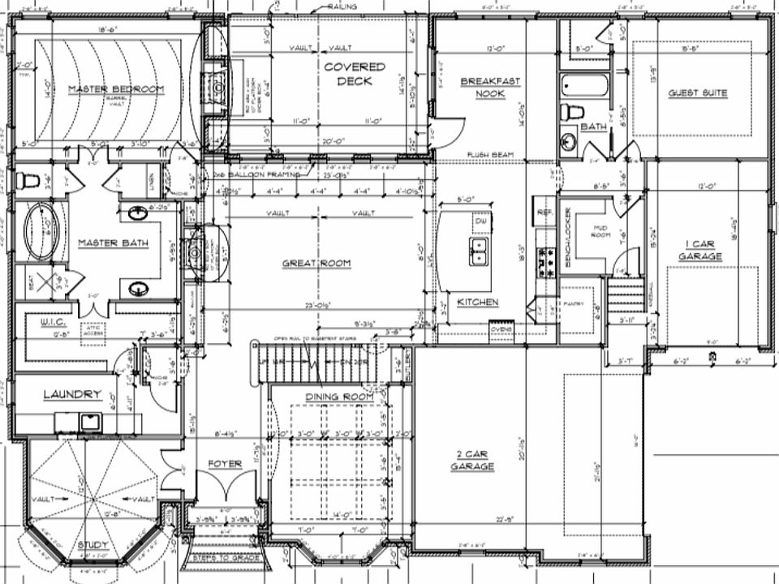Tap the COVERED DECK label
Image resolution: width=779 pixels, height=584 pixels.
tap(354, 74)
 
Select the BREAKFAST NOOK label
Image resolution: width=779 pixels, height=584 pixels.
tap(490, 87)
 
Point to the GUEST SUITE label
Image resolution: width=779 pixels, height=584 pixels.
tap(698, 93)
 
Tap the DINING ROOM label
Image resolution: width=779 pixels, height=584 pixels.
tap(339, 397)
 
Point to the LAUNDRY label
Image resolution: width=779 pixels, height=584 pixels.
tap(71, 394)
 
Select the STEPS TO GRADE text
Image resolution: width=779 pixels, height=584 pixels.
tap(226, 559)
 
